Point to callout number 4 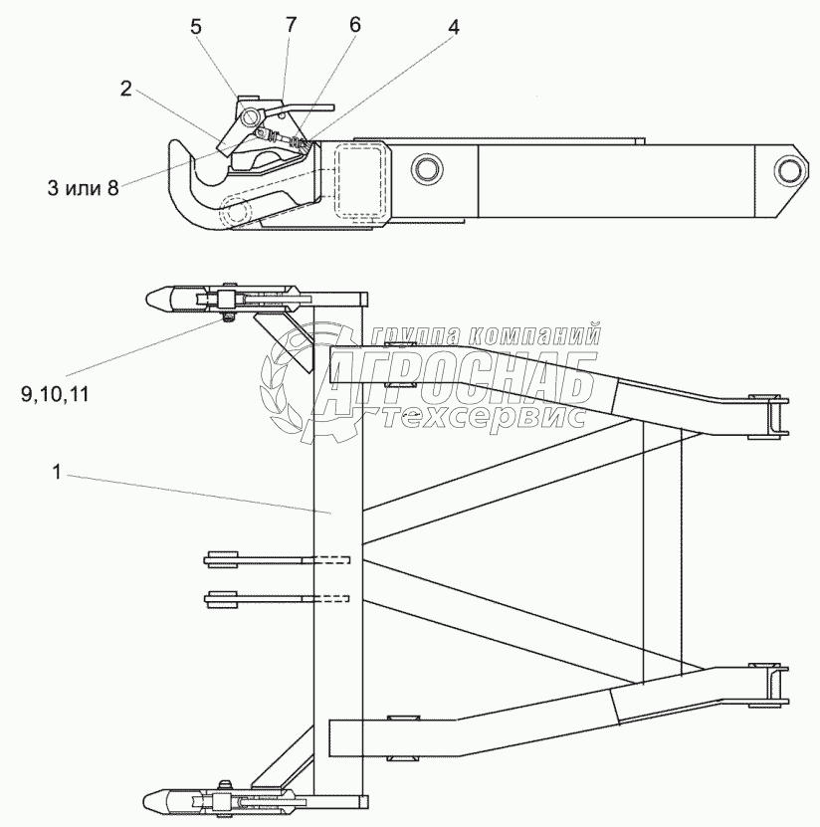point(453,28)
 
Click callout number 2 point(126,88)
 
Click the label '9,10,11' point(55,393)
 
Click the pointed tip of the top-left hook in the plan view point(151,298)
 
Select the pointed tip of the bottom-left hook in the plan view point(151,799)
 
